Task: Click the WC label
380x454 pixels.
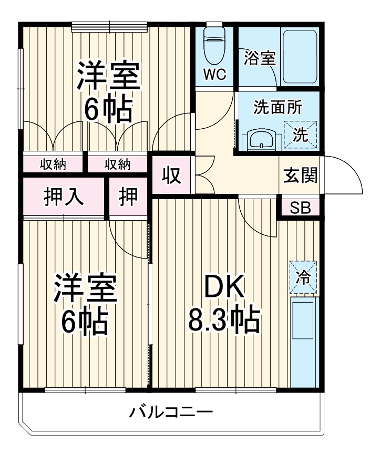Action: (214, 75)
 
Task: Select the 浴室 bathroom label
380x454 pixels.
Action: (260, 58)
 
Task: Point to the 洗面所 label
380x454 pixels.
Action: (278, 107)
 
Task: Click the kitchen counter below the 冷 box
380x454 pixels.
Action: (304, 342)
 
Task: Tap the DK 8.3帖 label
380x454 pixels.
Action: (224, 305)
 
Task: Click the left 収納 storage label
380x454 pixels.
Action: (53, 164)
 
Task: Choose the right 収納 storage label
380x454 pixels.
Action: (117, 164)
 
